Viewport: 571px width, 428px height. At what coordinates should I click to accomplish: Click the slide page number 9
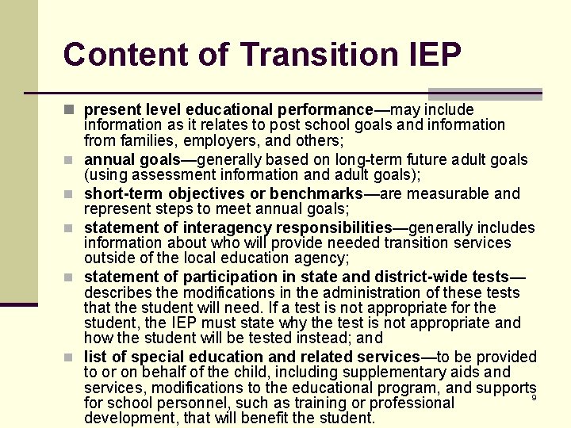click(x=534, y=398)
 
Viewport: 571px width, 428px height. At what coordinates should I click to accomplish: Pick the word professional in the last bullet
click(x=412, y=403)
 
